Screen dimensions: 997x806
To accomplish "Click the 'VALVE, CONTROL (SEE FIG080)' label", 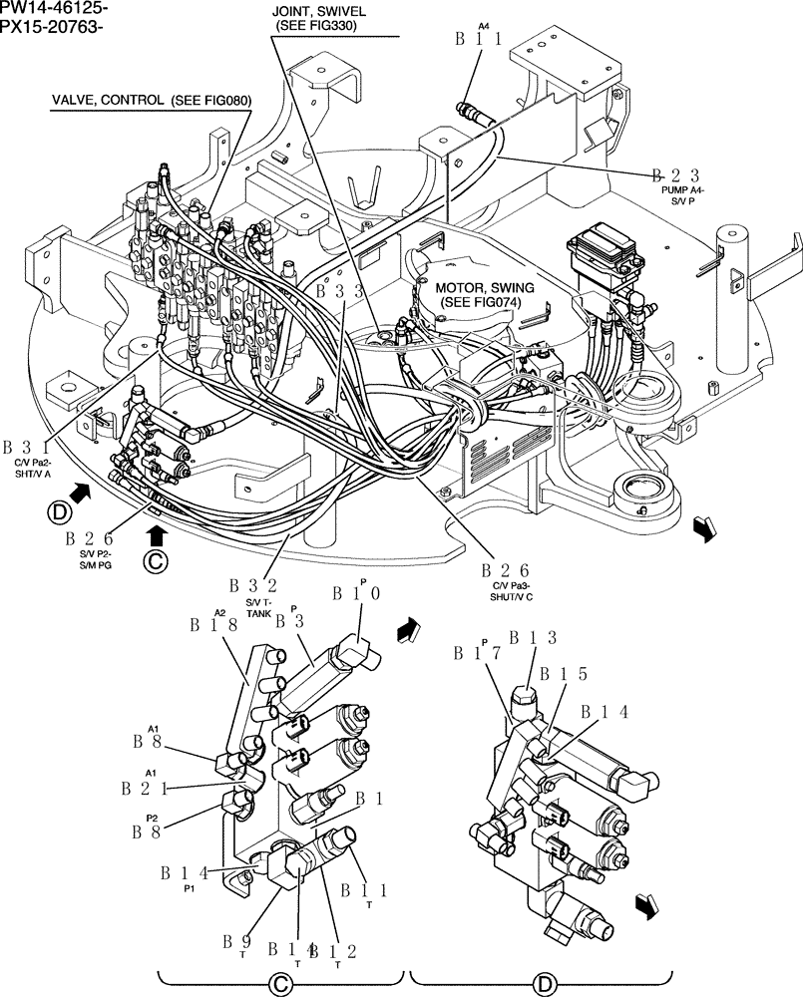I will pos(153,101).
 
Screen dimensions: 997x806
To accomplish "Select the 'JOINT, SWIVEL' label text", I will pos(318,11).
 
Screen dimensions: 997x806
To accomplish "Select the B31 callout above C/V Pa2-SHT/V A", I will pos(31,448).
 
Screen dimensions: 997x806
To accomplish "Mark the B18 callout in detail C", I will pos(212,625).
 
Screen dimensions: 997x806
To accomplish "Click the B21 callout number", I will pos(144,788).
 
